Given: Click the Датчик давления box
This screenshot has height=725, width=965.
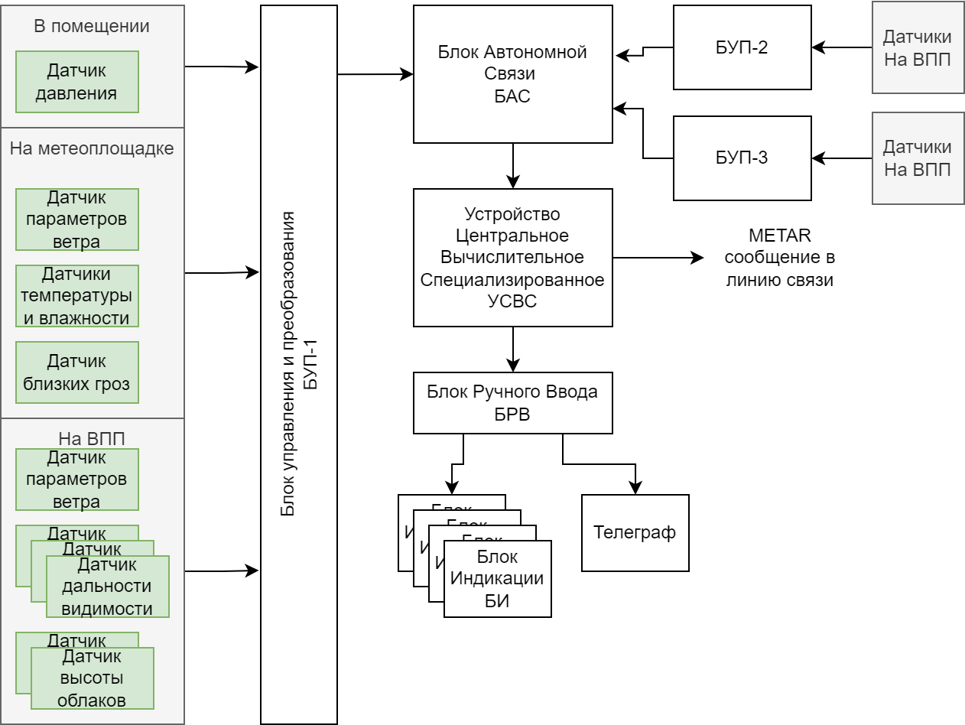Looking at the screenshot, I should point(76,83).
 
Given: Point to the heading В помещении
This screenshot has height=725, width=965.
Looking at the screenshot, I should point(92,26).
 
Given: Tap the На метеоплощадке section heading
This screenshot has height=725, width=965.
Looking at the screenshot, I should point(92,148).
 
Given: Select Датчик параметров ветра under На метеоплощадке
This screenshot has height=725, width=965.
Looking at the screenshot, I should point(76,220).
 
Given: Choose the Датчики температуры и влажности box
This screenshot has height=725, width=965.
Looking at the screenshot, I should point(76,296).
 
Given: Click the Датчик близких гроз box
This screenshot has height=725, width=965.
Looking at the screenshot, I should point(76,373).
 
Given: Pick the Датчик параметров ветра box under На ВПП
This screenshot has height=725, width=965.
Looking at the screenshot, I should point(76,480).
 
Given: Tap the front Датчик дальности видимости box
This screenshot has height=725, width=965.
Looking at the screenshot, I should point(107,587).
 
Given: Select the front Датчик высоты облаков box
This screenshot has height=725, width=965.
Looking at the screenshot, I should point(93,678).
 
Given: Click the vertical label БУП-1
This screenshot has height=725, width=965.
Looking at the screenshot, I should point(310,364).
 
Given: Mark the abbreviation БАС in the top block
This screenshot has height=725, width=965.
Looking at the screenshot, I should point(512,97).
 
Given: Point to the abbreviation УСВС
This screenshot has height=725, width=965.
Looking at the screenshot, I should point(512,301).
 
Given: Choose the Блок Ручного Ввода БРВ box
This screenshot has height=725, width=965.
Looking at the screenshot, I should point(512,403).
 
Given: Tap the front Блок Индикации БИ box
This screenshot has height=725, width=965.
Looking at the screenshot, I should point(497,579).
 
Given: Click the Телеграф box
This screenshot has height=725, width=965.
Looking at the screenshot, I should point(635,533).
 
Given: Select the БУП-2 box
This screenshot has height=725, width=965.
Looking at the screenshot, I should point(742,47).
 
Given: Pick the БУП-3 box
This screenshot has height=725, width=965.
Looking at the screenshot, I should point(742,158).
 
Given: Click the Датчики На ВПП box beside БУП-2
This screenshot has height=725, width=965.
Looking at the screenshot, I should point(918,47).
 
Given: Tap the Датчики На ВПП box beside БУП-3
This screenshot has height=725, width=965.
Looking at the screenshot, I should point(918,158).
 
